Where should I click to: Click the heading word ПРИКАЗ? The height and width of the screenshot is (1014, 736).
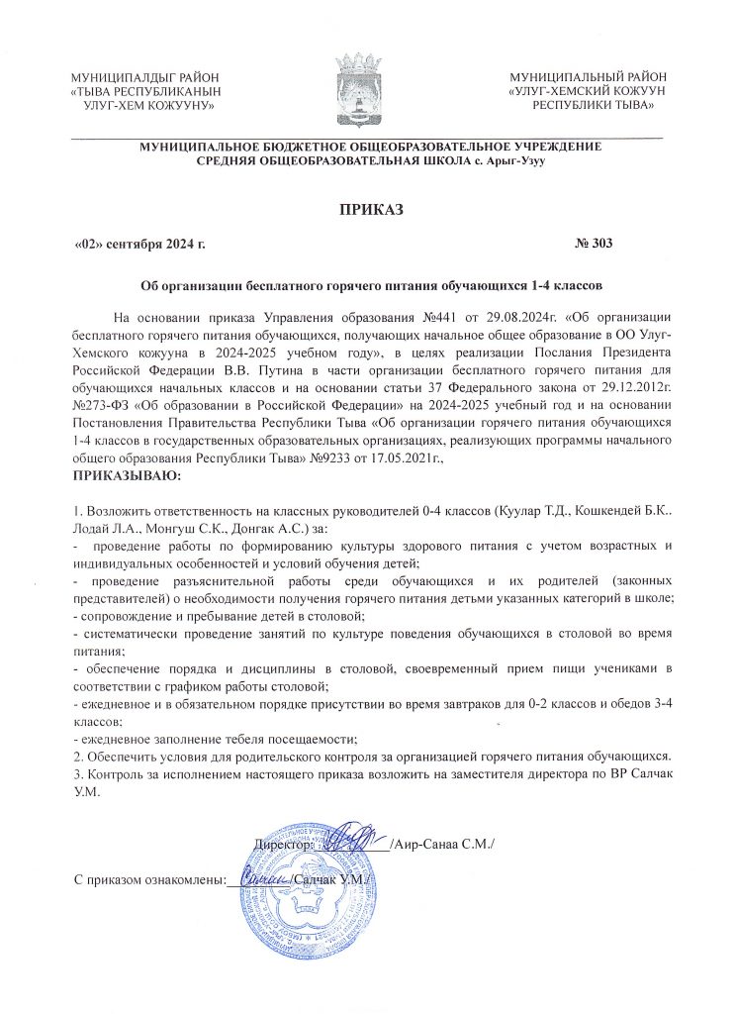pyautogui.click(x=368, y=209)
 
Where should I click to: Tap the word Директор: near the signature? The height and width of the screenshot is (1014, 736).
pyautogui.click(x=285, y=845)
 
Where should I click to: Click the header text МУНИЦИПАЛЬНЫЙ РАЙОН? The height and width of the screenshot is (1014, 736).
pyautogui.click(x=588, y=77)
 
